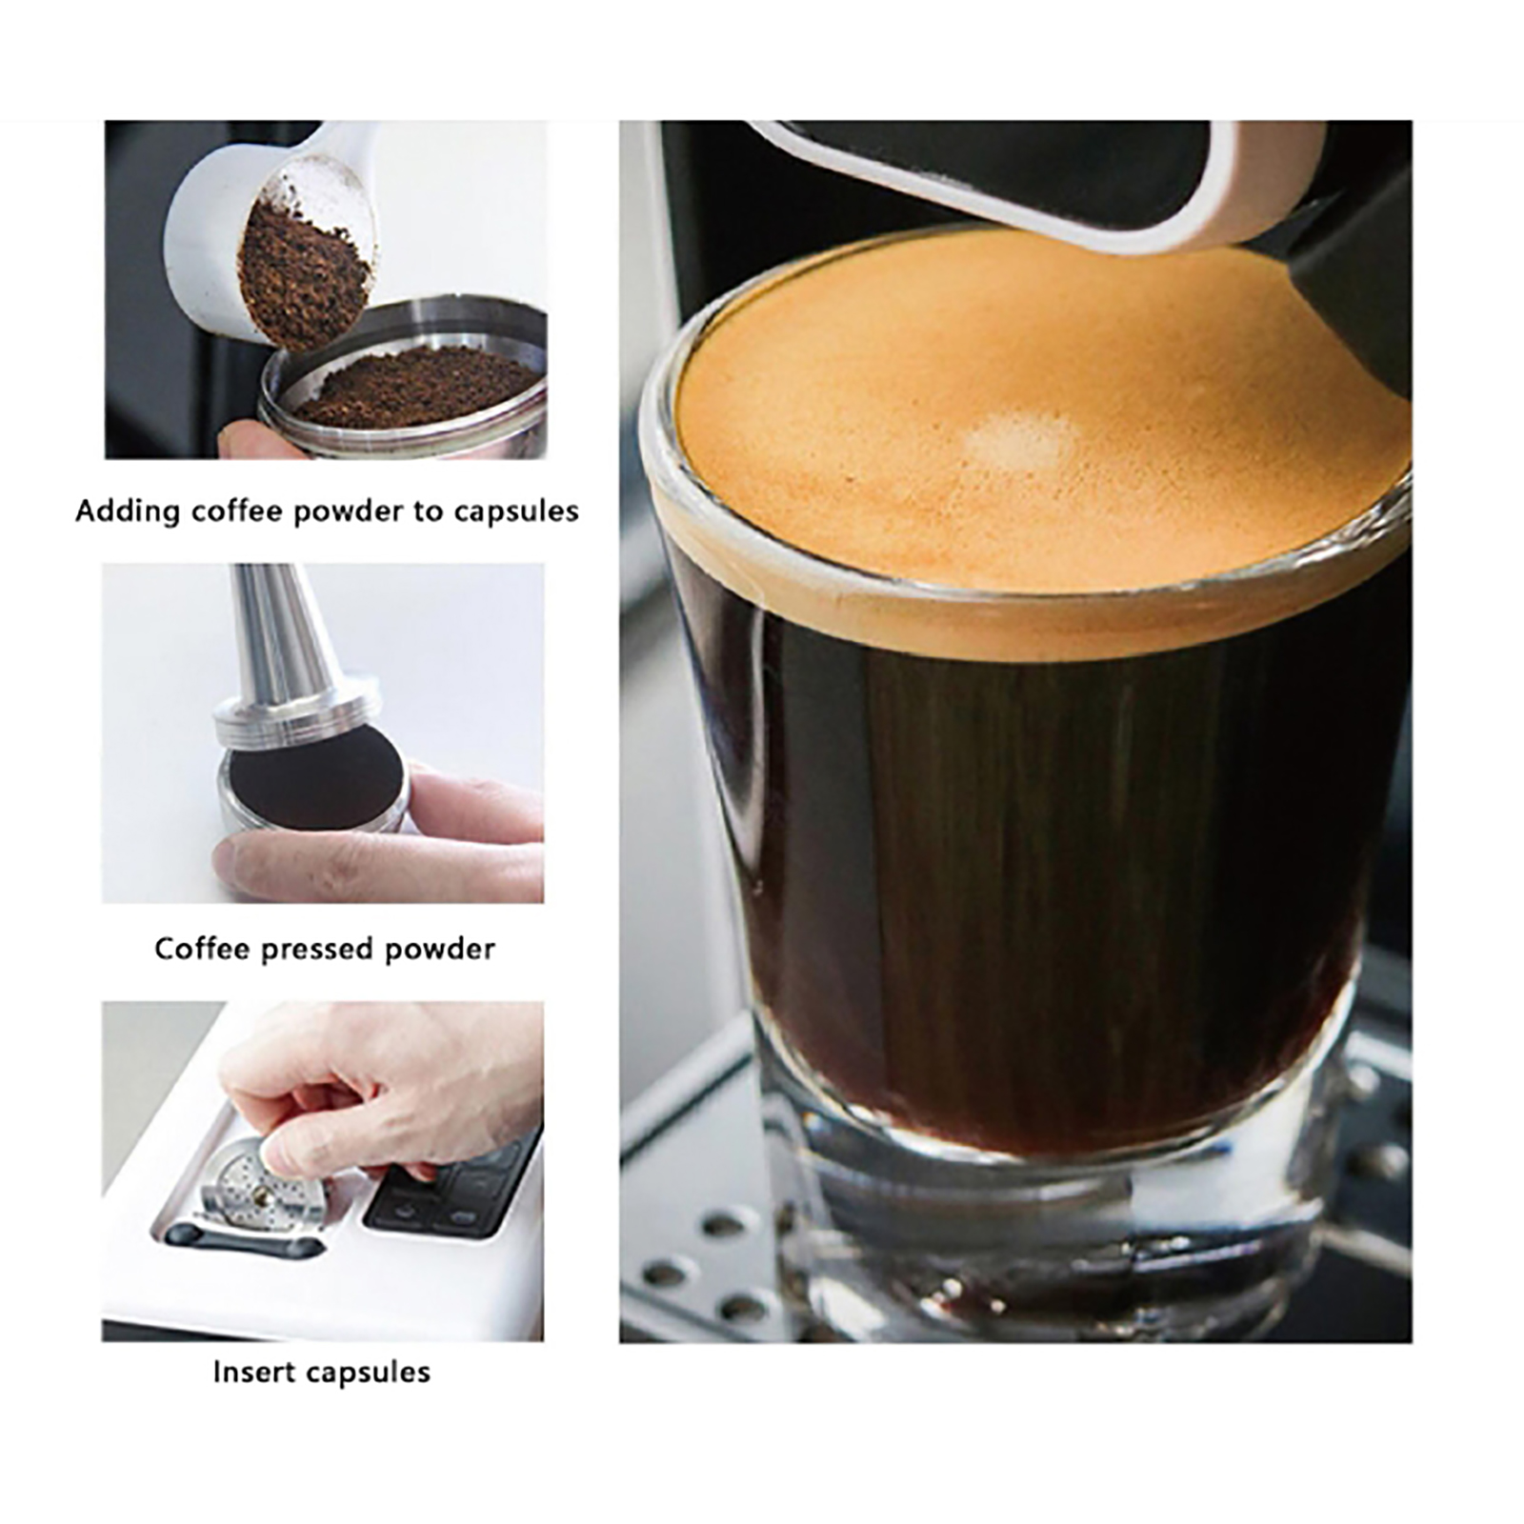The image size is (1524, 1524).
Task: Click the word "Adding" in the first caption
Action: tap(128, 511)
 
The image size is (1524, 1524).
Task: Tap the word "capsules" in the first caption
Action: tap(516, 512)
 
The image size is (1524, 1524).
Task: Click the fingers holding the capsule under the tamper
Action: tap(381, 838)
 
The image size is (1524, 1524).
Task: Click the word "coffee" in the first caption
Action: tap(237, 511)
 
